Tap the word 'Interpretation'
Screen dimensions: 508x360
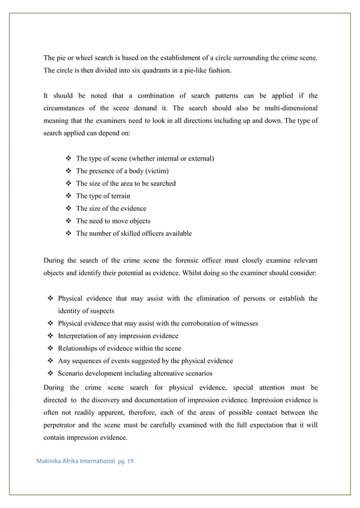click(80, 336)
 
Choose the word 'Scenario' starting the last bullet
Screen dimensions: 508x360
click(72, 373)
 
